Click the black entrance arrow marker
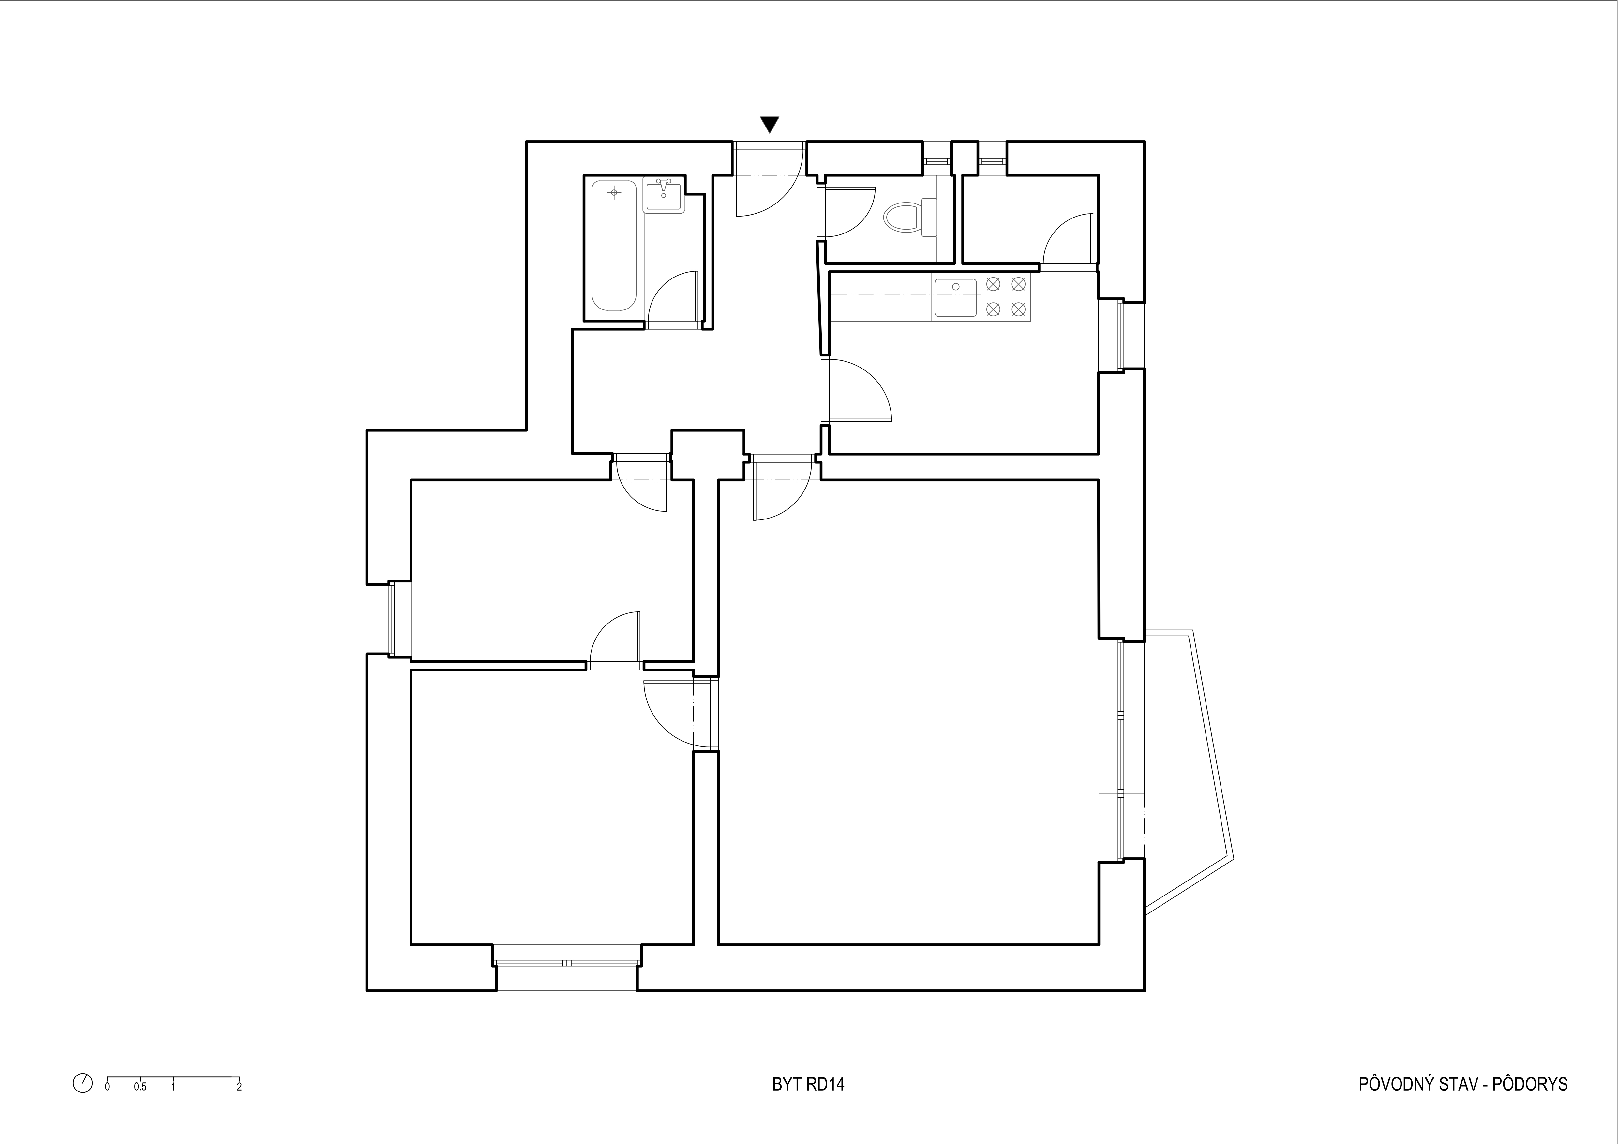[770, 125]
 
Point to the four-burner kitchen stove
[1006, 297]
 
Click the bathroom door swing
[673, 299]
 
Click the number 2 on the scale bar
[240, 1106]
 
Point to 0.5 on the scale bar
[140, 1106]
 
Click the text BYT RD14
[808, 1104]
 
